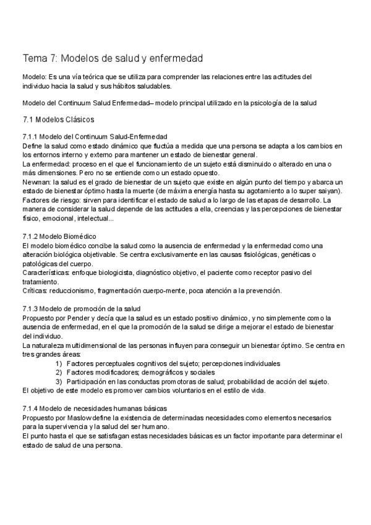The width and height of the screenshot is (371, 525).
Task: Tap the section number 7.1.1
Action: (x=32, y=136)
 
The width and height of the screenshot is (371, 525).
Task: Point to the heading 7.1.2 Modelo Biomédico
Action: (x=59, y=237)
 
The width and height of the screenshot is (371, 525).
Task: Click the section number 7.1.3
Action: (x=32, y=308)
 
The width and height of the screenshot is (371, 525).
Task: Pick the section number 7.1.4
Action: (x=32, y=409)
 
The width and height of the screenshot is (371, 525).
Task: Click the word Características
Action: (x=45, y=273)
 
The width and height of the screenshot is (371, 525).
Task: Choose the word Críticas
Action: (x=35, y=290)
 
